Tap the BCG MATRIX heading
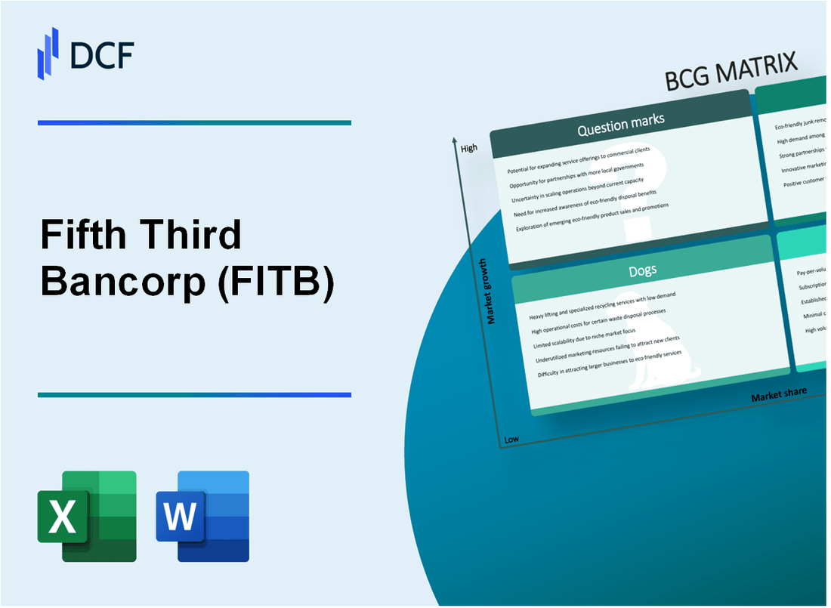click(x=731, y=73)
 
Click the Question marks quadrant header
click(x=620, y=126)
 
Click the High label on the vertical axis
click(x=468, y=148)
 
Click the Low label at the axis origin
click(x=511, y=439)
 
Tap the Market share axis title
click(x=778, y=394)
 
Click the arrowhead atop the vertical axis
click(x=454, y=140)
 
